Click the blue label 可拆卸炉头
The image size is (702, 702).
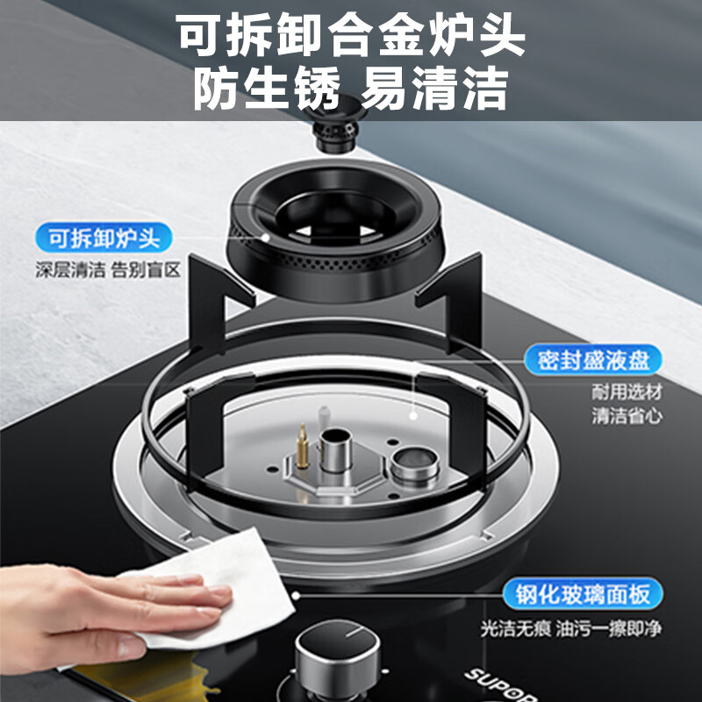click(x=104, y=237)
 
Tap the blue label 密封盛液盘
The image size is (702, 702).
click(x=592, y=360)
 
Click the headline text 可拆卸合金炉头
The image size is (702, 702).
click(x=351, y=37)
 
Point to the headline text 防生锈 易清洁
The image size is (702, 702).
click(x=351, y=90)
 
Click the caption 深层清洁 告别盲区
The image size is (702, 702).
click(x=108, y=270)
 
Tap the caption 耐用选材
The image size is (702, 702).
click(x=626, y=392)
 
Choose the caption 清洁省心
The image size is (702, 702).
click(x=626, y=416)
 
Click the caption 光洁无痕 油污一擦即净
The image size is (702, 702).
click(x=569, y=628)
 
